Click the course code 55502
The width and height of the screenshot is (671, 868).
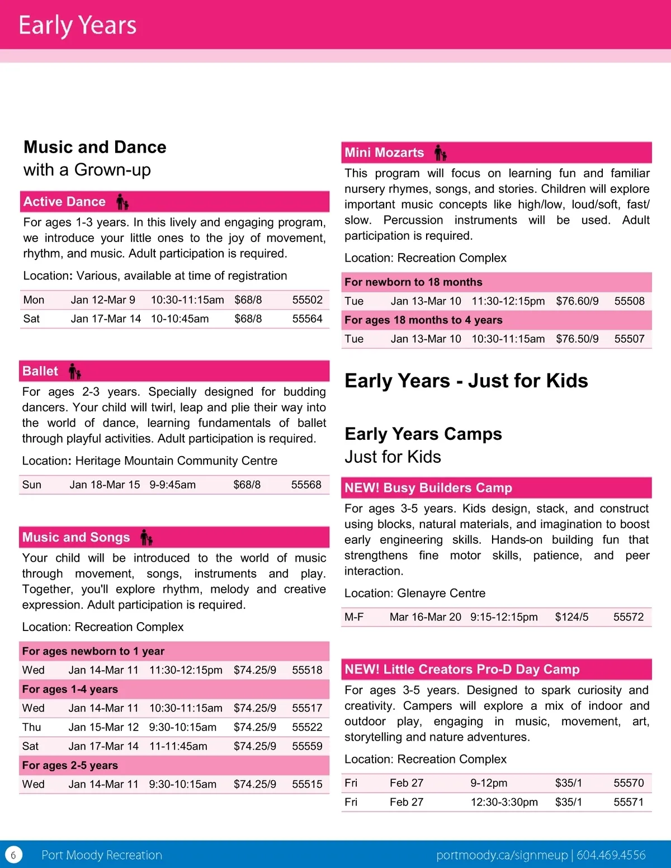tap(307, 300)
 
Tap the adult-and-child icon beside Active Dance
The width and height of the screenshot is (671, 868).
tap(122, 202)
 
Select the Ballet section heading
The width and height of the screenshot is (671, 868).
tap(40, 371)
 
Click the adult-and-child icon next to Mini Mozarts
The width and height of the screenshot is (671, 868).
tap(441, 153)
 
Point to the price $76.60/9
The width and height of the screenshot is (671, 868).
tap(577, 301)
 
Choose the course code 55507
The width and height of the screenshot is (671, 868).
tap(629, 339)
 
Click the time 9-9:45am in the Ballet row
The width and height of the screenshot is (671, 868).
tap(172, 485)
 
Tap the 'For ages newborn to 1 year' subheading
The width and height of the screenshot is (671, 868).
tap(93, 651)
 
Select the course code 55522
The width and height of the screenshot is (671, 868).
tap(307, 727)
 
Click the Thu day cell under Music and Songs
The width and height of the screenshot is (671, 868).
tap(32, 727)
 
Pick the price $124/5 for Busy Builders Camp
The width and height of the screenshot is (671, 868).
tap(571, 617)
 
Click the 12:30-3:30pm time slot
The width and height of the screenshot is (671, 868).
tap(504, 802)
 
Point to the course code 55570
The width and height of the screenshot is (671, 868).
tap(629, 783)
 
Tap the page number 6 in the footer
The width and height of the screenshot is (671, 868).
tap(13, 855)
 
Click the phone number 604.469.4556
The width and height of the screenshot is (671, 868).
tap(611, 855)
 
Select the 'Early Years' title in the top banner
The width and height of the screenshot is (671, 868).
tap(78, 26)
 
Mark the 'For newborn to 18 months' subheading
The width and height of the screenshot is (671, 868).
tap(413, 282)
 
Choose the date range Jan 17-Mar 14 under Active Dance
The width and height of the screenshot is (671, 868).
tap(106, 319)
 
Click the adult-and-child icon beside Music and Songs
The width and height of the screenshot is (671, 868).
tap(147, 538)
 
